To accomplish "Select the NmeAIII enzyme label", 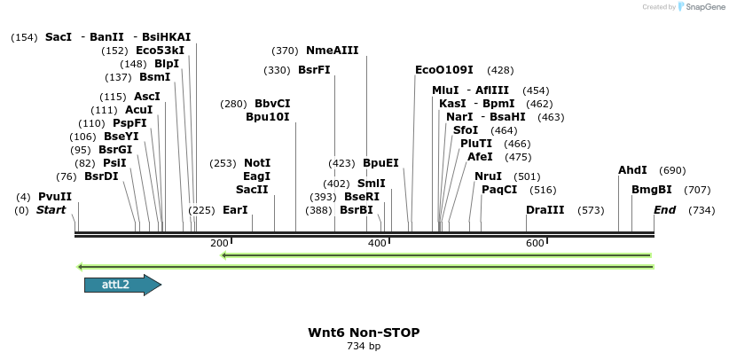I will pos(333,51).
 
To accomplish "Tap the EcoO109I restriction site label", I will pos(444,70).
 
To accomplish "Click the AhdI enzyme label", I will pos(632,170).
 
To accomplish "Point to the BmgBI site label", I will pos(651,190).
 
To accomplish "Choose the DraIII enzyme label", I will pos(545,210).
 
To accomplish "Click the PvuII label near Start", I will pos(55,197).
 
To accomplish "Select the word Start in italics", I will pos(51,210).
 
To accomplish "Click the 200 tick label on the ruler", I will pos(219,243).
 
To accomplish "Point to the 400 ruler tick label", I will pos(377,243).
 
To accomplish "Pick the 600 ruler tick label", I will pos(535,243).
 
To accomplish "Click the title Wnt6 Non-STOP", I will pos(364,333).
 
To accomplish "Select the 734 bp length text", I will pos(364,346).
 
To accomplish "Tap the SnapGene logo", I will pos(701,7).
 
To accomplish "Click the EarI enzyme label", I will pos(235,210).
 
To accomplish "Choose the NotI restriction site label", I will pos(257,163).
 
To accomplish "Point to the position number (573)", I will pos(591,210).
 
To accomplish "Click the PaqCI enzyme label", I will pos(499,190).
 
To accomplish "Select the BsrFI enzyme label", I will pos(314,70).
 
